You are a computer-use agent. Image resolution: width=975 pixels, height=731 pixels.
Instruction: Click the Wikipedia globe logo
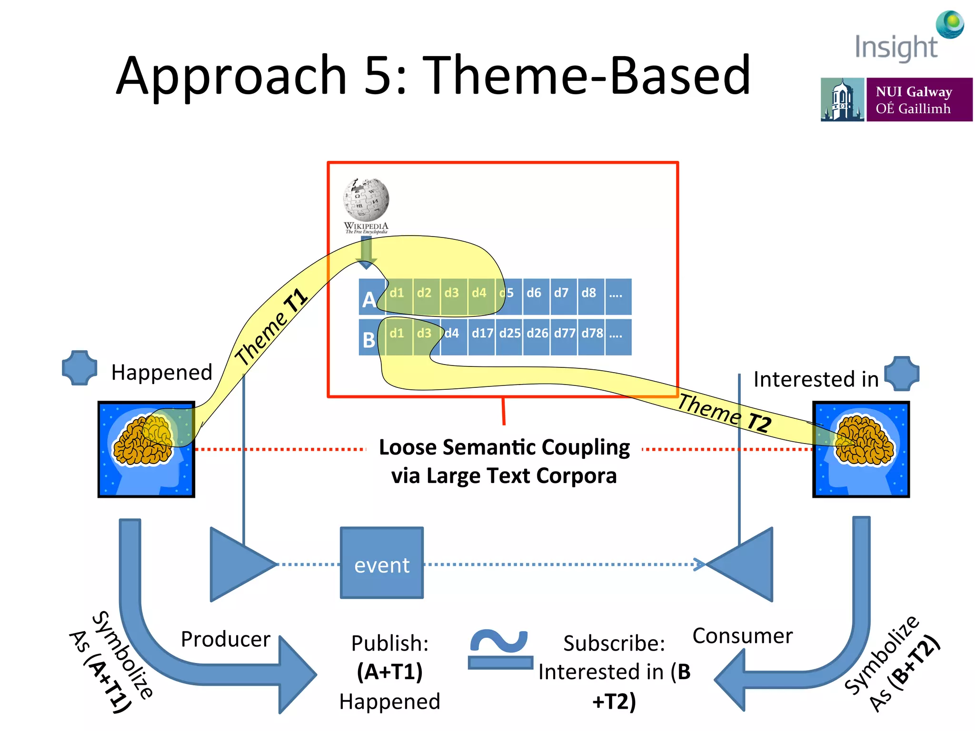[x=366, y=200]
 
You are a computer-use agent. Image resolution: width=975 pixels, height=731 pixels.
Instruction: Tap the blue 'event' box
[x=382, y=563]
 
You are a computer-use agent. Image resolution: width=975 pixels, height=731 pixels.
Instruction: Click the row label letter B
[x=369, y=340]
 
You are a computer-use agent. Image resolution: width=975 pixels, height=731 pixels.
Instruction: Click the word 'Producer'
[x=226, y=639]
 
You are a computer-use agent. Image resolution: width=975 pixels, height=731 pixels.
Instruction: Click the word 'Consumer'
[x=743, y=636]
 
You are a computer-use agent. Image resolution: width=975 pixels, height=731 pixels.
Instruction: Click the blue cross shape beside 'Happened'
[x=80, y=367]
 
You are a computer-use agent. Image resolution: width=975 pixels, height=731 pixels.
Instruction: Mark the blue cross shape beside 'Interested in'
[x=902, y=374]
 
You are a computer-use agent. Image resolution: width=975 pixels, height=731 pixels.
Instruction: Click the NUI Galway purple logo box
[x=919, y=100]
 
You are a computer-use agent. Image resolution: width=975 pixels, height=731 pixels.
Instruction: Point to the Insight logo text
[x=896, y=48]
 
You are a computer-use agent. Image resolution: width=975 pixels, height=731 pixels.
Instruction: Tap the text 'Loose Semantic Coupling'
[x=504, y=447]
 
